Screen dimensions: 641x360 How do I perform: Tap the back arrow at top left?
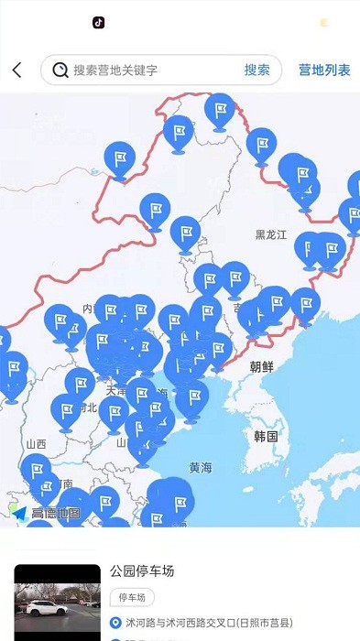pos(16,71)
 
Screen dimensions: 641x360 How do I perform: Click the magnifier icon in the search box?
pos(60,71)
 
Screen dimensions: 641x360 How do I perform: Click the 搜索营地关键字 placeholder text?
pos(115,71)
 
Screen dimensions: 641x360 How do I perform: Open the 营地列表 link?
pos(324,71)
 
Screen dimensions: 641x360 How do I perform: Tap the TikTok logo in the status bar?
pos(98,22)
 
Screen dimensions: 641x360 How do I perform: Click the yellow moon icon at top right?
pos(323,23)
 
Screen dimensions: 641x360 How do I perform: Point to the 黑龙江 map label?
pos(271,234)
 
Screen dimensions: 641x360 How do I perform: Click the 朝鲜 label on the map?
pos(261,366)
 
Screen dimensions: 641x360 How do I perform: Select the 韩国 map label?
pos(267,436)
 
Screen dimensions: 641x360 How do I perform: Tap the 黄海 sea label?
pos(201,467)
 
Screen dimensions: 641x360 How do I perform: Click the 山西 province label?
pos(37,444)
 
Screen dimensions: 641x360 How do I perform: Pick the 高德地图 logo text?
pos(55,514)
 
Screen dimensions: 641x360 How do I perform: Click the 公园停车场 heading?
pos(142,572)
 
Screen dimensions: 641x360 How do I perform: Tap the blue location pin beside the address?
pos(115,623)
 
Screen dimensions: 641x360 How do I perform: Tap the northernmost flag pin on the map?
pos(220,110)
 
